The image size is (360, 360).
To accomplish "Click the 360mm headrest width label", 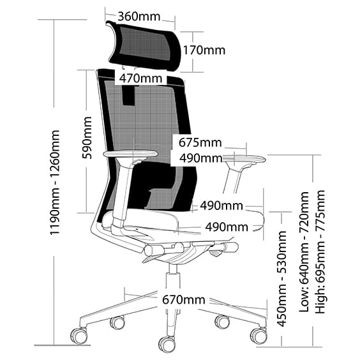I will [x=140, y=15].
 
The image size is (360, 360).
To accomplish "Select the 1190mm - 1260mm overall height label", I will [x=56, y=183].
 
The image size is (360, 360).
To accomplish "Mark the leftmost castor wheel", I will [x=78, y=334].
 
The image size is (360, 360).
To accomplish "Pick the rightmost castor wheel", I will [x=258, y=335].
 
